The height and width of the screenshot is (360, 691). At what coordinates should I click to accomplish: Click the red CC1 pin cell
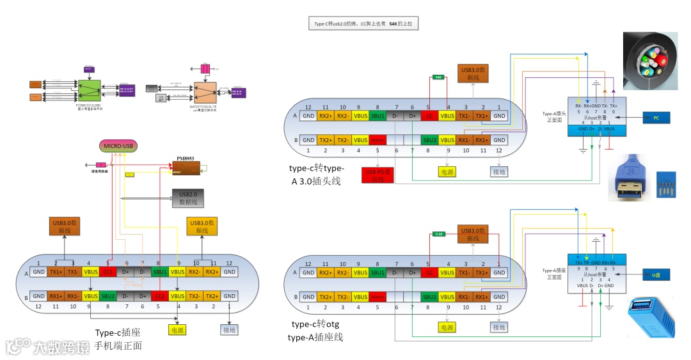click(x=107, y=271)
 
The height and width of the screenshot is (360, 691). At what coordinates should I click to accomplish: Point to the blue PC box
click(x=656, y=118)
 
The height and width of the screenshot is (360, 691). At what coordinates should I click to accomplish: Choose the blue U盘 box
click(x=656, y=275)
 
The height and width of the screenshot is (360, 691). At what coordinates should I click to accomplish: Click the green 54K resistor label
click(x=438, y=77)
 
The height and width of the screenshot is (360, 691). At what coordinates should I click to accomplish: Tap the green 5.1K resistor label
click(x=439, y=233)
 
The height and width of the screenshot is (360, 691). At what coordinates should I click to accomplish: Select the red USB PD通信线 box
click(x=377, y=175)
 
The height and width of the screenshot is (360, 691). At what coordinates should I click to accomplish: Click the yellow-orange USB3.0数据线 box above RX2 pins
click(x=202, y=226)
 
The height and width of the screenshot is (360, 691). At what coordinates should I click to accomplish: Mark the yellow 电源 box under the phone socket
click(x=177, y=330)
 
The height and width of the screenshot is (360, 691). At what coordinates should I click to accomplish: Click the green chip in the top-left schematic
click(x=89, y=90)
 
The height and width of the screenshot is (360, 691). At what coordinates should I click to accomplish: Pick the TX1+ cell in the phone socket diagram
click(x=56, y=271)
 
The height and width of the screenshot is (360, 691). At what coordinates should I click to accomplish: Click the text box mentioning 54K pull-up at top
click(x=363, y=24)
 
